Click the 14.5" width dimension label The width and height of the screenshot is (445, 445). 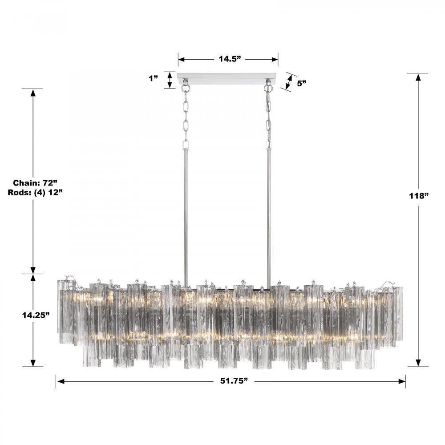pos(229,59)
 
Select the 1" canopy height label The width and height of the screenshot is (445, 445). pos(154,78)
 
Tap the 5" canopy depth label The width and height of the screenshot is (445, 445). pos(302,83)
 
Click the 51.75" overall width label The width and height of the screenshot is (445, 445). pos(230,381)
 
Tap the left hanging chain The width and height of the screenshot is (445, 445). pos(186,116)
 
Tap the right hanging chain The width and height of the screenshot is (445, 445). pos(269,116)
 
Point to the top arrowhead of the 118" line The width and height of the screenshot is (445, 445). pos(418,77)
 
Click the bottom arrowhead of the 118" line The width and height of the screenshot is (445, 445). pos(418,363)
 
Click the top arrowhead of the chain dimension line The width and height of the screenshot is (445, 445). pos(33,92)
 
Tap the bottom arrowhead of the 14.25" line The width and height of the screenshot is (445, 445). pos(33,363)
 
